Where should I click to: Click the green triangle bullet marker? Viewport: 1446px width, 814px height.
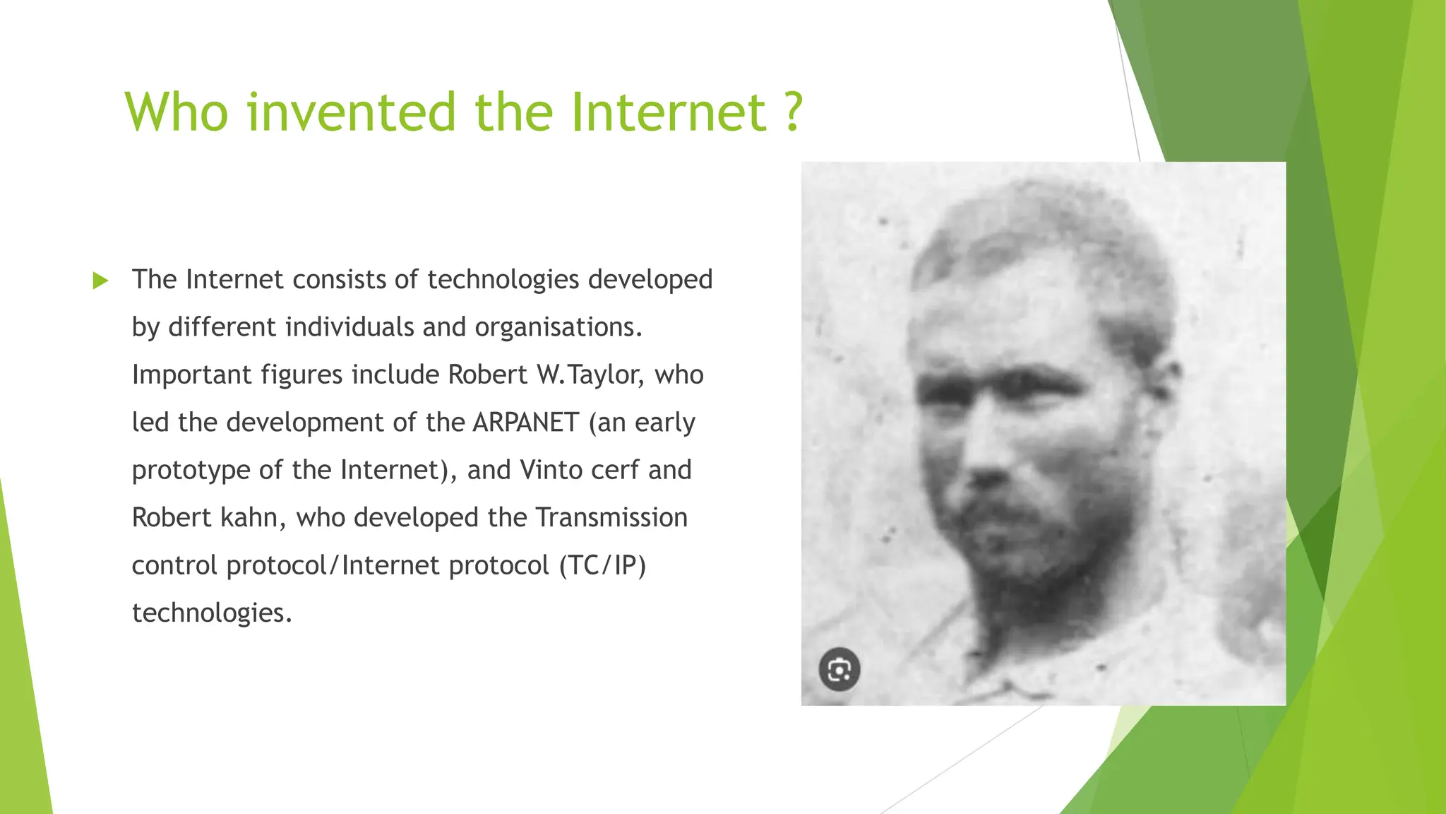pos(100,281)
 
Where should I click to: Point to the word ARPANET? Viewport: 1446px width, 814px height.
pos(526,423)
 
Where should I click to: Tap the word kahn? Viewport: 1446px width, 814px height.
pos(253,517)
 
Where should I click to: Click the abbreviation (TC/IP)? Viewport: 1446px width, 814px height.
pos(602,565)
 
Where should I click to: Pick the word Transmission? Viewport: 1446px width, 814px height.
pos(611,517)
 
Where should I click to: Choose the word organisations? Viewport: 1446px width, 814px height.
pos(558,327)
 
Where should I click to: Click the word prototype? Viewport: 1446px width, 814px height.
pos(191,470)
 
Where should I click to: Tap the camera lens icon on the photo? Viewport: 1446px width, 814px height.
pos(839,669)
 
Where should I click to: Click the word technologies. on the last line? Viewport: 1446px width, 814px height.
pos(212,613)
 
